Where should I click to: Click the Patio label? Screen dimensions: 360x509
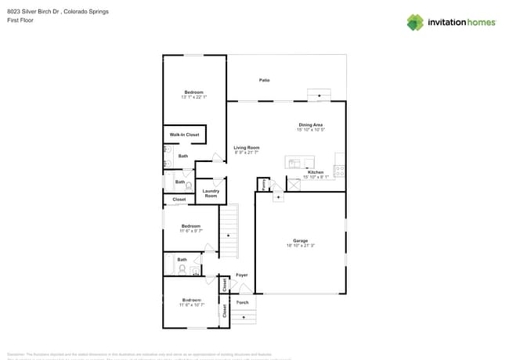(265, 81)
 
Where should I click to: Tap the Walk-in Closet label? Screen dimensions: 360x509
(184, 135)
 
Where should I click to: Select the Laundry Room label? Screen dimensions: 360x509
(211, 193)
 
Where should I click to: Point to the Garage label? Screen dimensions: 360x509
(301, 241)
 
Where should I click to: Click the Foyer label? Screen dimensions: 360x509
(242, 275)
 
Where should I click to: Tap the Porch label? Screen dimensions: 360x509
(242, 302)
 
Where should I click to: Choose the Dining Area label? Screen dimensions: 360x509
(310, 124)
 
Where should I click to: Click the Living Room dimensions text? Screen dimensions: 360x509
(247, 153)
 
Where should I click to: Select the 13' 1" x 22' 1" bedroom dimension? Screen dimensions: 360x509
(193, 97)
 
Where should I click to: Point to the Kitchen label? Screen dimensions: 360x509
(315, 171)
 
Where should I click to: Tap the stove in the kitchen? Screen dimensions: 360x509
(340, 171)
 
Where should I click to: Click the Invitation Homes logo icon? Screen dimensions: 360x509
(414, 22)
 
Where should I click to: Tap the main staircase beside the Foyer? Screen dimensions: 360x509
(228, 231)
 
